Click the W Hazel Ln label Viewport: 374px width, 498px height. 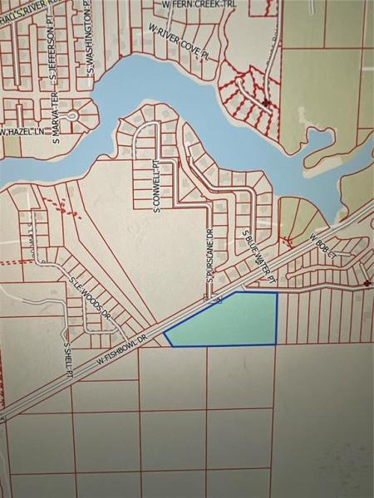[22, 132]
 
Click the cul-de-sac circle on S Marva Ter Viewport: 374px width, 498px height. [72, 117]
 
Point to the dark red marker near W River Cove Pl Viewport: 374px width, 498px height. [265, 103]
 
